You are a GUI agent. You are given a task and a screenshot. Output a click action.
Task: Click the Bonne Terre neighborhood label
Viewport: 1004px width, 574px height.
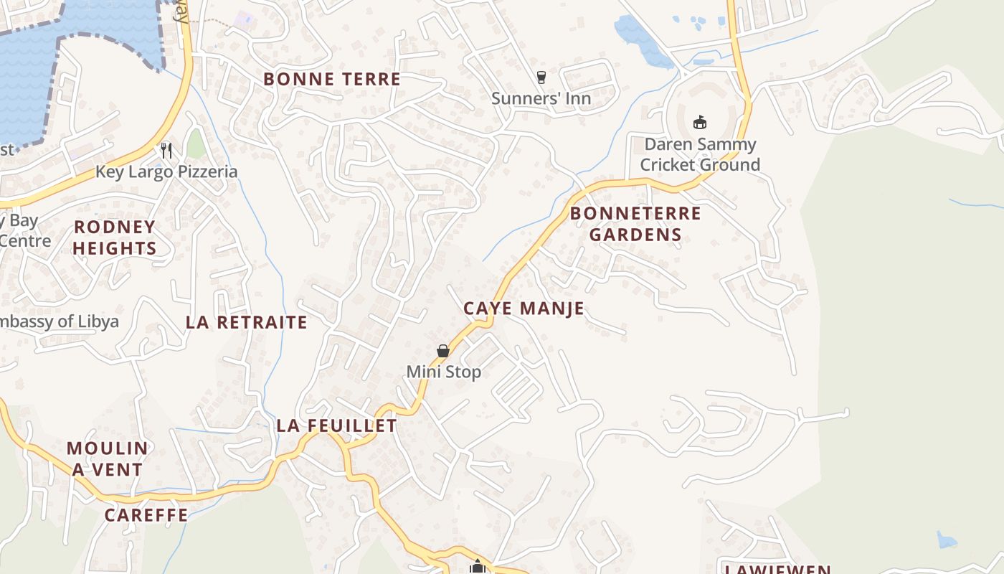pyautogui.click(x=332, y=79)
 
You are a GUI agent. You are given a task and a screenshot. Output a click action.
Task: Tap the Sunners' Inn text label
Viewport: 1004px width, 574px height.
pyautogui.click(x=541, y=98)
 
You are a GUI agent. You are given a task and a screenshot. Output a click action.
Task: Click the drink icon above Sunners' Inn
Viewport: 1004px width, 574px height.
pyautogui.click(x=541, y=77)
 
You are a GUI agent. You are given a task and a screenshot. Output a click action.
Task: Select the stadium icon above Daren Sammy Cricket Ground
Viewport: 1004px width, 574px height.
pyautogui.click(x=700, y=122)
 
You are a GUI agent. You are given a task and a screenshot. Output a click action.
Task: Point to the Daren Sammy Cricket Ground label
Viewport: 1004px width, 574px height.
pyautogui.click(x=700, y=154)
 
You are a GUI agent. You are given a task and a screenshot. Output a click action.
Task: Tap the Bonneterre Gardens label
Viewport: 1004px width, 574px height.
pyautogui.click(x=635, y=224)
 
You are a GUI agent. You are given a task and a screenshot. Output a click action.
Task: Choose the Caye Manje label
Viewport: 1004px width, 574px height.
pyautogui.click(x=524, y=309)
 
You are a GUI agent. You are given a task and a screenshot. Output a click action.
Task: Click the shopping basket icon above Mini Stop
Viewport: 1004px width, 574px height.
pyautogui.click(x=443, y=351)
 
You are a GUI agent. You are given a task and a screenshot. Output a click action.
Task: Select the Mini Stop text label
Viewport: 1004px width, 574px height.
pyautogui.click(x=443, y=372)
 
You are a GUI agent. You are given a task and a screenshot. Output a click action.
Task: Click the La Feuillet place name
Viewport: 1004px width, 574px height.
pyautogui.click(x=336, y=425)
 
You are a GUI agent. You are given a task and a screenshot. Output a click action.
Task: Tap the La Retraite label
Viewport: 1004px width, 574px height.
pyautogui.click(x=246, y=322)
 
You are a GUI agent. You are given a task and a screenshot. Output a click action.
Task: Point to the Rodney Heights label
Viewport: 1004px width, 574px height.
pyautogui.click(x=115, y=237)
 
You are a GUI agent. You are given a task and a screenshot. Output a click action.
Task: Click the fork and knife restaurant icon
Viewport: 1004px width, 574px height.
pyautogui.click(x=166, y=150)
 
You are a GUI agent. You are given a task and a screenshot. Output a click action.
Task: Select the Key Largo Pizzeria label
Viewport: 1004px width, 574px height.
pyautogui.click(x=166, y=171)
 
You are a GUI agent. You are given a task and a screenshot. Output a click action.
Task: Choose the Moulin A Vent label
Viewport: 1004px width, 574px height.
pyautogui.click(x=108, y=458)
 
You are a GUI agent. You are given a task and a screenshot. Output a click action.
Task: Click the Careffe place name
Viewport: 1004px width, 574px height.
pyautogui.click(x=146, y=514)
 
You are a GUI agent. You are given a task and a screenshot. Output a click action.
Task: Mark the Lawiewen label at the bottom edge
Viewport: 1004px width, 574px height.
pyautogui.click(x=777, y=569)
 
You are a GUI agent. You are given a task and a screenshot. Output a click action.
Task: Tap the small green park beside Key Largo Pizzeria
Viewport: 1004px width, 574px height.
pyautogui.click(x=196, y=144)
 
